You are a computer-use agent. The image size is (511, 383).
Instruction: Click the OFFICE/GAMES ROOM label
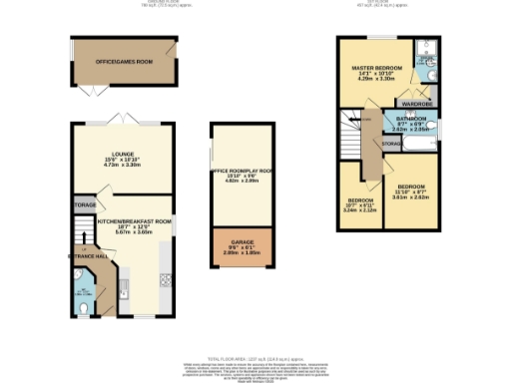[123, 62]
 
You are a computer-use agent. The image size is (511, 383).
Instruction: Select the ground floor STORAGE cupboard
[84, 205]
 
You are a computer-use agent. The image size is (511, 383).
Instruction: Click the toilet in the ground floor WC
[87, 307]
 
